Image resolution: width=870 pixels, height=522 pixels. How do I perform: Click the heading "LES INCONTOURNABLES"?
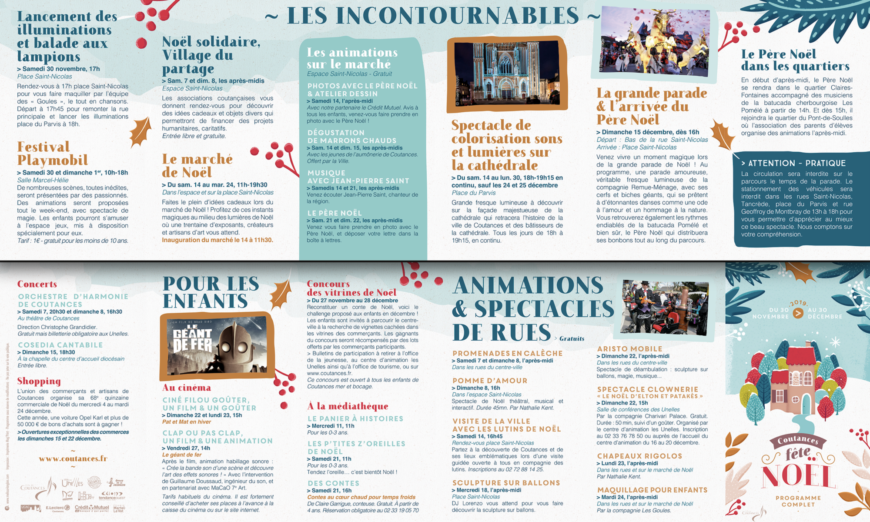tap(433, 16)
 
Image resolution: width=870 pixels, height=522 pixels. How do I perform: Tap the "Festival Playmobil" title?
tap(53, 154)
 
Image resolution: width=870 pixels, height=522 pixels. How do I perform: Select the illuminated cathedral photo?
tap(507, 74)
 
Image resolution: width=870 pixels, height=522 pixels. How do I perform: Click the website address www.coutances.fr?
tap(73, 458)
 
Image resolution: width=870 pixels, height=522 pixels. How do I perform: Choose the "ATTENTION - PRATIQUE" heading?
tap(796, 163)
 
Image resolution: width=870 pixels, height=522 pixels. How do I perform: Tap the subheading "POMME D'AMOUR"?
tap(490, 381)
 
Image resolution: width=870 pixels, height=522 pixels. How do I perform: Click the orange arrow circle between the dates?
tap(798, 313)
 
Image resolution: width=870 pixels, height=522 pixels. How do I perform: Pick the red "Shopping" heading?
tap(39, 381)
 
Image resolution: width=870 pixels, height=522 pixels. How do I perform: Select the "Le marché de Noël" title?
tap(197, 166)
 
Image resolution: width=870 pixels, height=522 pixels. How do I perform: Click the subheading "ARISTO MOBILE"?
tap(629, 349)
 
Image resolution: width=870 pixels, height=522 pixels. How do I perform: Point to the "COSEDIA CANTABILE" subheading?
tap(60, 345)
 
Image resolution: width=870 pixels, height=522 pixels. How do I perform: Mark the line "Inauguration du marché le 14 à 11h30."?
tap(217, 240)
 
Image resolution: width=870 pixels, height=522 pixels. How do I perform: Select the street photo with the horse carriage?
tap(664, 307)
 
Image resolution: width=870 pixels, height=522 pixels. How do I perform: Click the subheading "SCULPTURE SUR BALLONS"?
tap(506, 483)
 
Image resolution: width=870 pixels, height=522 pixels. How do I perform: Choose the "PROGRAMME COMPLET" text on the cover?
tap(798, 501)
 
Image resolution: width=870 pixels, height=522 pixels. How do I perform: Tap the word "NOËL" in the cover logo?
tap(797, 476)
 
